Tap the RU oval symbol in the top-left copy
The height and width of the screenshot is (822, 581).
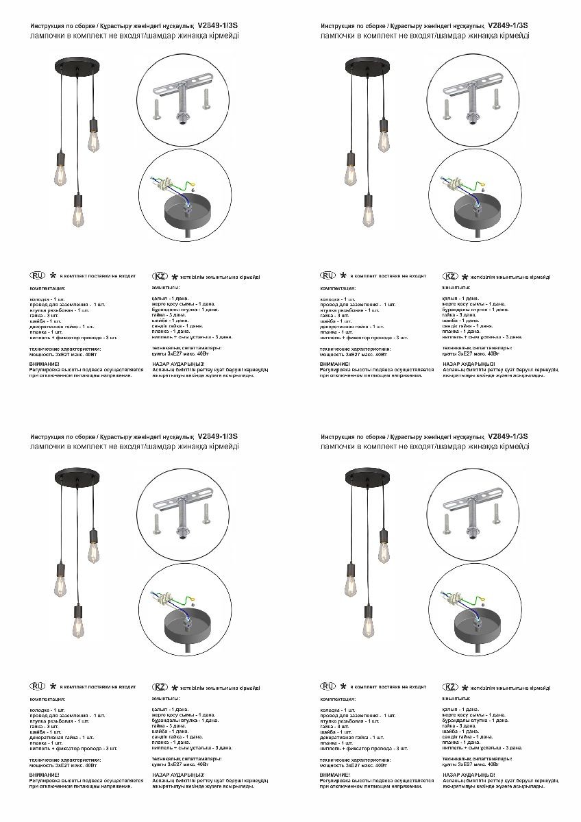(38, 275)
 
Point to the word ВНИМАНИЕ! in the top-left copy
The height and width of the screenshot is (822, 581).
(45, 364)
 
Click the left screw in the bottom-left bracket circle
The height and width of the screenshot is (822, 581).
(158, 525)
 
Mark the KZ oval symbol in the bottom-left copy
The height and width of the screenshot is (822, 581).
(160, 687)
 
